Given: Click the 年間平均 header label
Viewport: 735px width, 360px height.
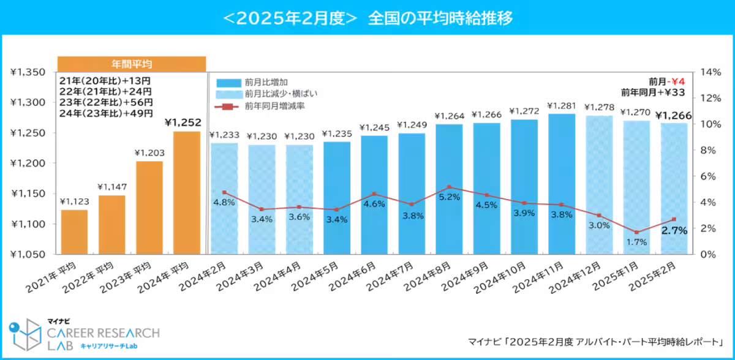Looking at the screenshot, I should click(x=132, y=64).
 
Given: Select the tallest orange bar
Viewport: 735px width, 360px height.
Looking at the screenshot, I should click(x=187, y=192).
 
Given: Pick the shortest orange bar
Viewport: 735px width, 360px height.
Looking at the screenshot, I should click(x=74, y=231).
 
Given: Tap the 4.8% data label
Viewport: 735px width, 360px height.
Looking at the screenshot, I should click(x=224, y=203).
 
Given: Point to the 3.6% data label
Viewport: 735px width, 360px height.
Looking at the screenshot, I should click(x=299, y=217).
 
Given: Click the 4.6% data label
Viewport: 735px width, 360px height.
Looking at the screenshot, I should click(x=374, y=204).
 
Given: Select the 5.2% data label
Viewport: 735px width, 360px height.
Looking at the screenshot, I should click(x=449, y=197).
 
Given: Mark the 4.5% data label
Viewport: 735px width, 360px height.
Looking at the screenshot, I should click(x=486, y=205).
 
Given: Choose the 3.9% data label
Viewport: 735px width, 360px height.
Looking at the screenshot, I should click(x=524, y=212).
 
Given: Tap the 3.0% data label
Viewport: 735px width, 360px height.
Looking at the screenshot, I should click(x=599, y=225).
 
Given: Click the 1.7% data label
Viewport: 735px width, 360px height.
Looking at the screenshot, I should click(x=637, y=242).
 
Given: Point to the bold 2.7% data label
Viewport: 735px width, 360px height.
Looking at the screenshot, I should click(x=674, y=230).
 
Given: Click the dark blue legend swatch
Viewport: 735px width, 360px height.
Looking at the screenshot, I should click(x=228, y=83).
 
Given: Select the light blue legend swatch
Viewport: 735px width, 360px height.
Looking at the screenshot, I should click(x=228, y=94).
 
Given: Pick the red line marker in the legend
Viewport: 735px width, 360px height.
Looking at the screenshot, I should click(x=227, y=107).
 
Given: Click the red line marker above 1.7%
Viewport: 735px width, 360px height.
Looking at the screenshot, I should click(x=637, y=233).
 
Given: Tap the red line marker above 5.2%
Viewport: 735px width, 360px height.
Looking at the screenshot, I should click(x=449, y=187).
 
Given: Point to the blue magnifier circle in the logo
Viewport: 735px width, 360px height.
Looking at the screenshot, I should click(x=14, y=326).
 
